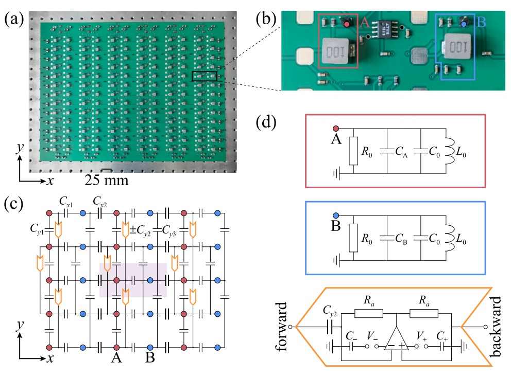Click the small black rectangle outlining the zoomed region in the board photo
[x=205, y=77]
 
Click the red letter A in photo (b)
[x=364, y=23]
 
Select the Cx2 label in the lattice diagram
[x=99, y=201]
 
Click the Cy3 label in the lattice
[x=171, y=230]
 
